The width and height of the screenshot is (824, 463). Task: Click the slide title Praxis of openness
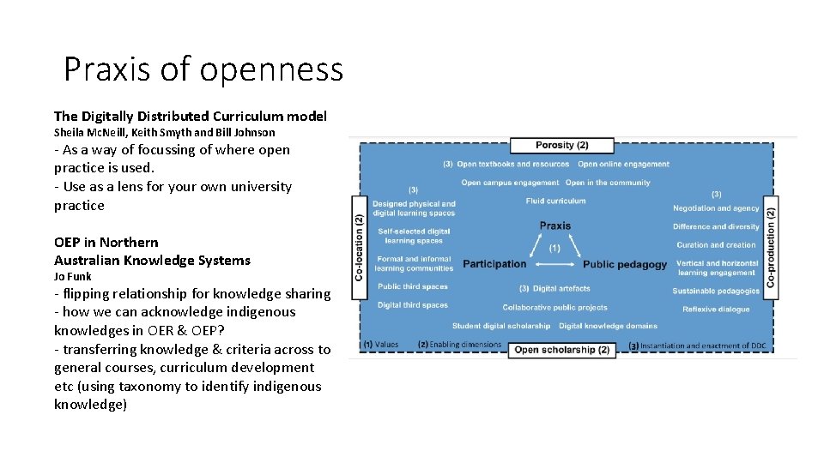click(203, 69)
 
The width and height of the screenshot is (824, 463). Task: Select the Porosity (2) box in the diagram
click(561, 145)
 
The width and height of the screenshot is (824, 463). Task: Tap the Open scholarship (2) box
click(561, 350)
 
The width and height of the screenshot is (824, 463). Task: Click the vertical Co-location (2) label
click(359, 248)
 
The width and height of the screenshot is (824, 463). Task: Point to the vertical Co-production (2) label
click(770, 248)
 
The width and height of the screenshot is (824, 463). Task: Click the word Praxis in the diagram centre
click(555, 225)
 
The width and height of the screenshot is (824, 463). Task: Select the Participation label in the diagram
click(494, 264)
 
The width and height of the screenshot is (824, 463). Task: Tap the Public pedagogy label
click(624, 264)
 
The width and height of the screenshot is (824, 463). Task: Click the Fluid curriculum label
click(555, 201)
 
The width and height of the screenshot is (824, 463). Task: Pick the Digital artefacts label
click(561, 289)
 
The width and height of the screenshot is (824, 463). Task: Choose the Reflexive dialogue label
click(716, 310)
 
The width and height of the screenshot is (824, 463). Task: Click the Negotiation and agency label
click(716, 208)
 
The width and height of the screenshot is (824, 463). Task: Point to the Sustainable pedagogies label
click(716, 291)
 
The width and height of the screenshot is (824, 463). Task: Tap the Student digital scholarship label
click(501, 326)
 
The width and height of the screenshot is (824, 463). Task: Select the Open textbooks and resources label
click(512, 164)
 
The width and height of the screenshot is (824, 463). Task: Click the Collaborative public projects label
click(554, 307)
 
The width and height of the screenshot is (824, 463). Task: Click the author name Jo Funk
click(72, 277)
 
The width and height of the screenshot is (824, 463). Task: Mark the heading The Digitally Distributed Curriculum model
click(190, 116)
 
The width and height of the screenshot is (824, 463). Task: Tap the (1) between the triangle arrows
click(554, 248)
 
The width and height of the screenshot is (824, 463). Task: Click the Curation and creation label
click(716, 245)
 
